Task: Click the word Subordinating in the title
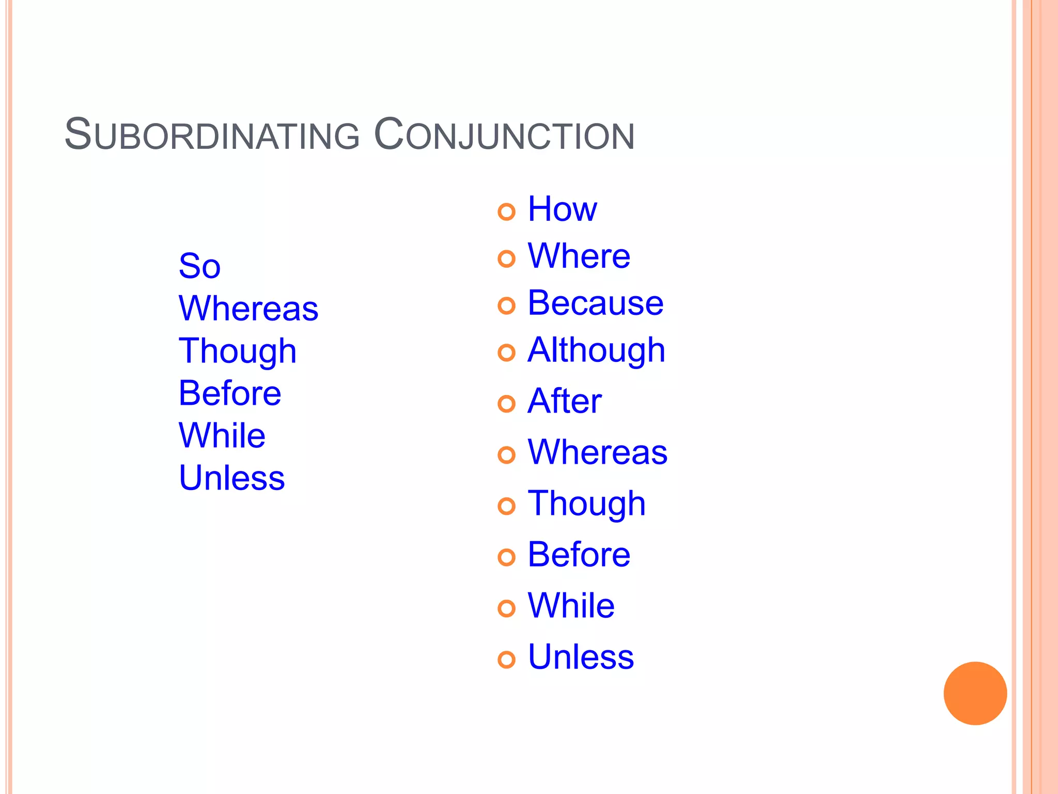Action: coord(212,135)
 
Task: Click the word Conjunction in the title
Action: coord(504,135)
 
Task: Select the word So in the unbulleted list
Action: coord(199,266)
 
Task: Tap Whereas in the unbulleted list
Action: coord(248,309)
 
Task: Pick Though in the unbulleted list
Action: coord(237,352)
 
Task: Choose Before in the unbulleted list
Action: coord(229,393)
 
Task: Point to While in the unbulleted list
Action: coord(222,435)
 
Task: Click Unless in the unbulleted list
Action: coord(231,478)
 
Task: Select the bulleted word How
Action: coord(562,209)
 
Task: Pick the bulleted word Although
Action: coord(596,350)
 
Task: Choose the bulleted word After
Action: coord(564,401)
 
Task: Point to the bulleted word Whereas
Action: coord(597,452)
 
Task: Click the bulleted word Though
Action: coord(586,504)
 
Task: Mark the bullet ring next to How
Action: coord(506,211)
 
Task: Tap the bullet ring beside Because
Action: coord(506,306)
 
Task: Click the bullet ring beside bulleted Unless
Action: coord(506,660)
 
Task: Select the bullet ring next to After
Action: coord(506,404)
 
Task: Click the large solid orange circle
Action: coord(975,693)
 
